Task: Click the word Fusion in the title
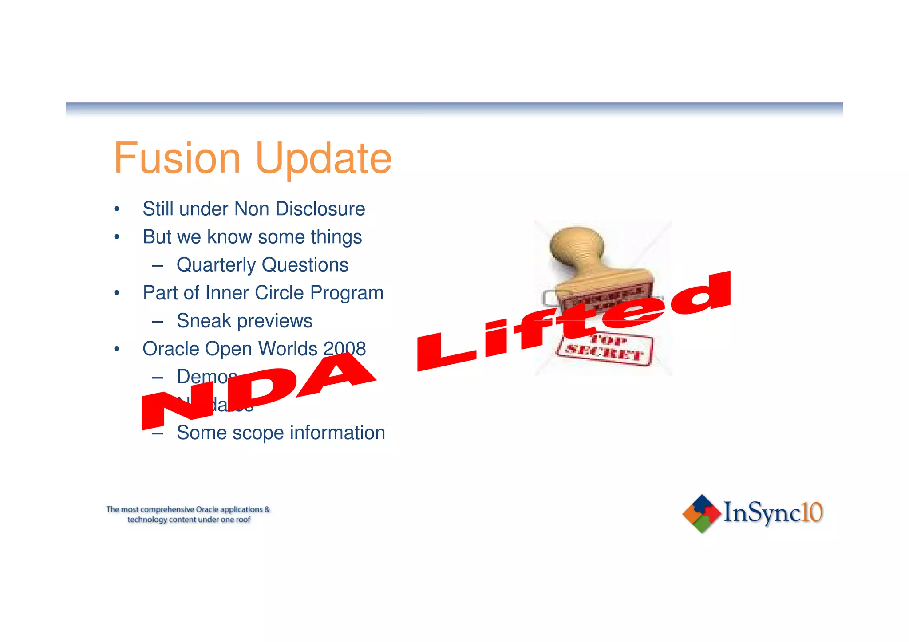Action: click(177, 158)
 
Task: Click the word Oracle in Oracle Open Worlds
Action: click(170, 349)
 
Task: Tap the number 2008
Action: click(344, 349)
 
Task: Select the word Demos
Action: click(206, 377)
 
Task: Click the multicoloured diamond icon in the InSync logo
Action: click(701, 513)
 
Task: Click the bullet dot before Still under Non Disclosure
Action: click(117, 209)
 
